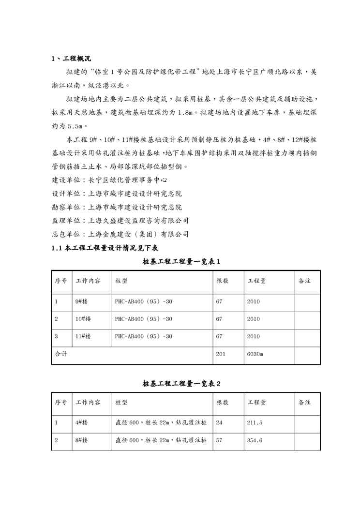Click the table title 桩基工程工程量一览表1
[181, 262]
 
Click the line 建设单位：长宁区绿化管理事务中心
[109, 180]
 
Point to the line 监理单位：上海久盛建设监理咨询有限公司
[120, 221]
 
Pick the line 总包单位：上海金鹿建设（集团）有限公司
[120, 234]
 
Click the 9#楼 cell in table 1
[81, 302]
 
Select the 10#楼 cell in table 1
[83, 319]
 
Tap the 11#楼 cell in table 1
[83, 337]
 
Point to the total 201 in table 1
[221, 354]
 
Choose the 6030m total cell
[255, 354]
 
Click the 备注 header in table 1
[304, 281]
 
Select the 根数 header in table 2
[223, 403]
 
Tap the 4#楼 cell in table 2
[81, 423]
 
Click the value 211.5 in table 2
[255, 423]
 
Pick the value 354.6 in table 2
[255, 441]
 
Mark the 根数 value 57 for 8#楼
[219, 441]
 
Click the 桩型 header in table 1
[121, 281]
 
